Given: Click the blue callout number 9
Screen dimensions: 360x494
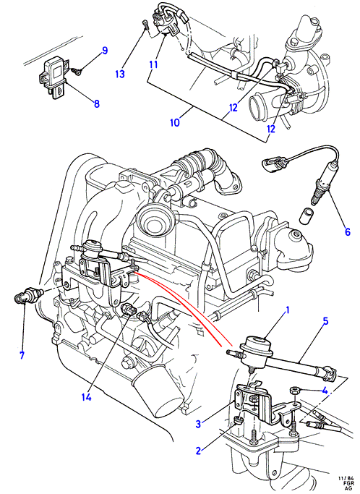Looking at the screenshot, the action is pyautogui.click(x=104, y=51).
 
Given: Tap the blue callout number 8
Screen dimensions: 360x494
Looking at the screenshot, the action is pyautogui.click(x=96, y=103).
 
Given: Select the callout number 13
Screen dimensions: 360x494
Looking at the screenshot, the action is pyautogui.click(x=120, y=74).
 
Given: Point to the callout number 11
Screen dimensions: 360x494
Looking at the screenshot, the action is pyautogui.click(x=153, y=65).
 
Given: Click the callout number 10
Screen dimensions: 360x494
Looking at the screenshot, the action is pyautogui.click(x=175, y=122).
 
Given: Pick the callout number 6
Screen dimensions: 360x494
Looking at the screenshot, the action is pyautogui.click(x=348, y=232).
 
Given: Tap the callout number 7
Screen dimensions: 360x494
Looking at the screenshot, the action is pyautogui.click(x=22, y=355).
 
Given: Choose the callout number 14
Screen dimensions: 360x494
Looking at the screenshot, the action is pyautogui.click(x=86, y=397).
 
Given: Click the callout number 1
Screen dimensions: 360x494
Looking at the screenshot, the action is pyautogui.click(x=287, y=311).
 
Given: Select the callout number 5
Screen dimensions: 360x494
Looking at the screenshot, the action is pyautogui.click(x=325, y=321).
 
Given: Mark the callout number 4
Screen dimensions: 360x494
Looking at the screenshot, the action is pyautogui.click(x=325, y=391).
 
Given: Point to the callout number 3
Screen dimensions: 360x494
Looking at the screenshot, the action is pyautogui.click(x=198, y=424).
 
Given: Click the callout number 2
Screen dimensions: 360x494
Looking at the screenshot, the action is pyautogui.click(x=198, y=451).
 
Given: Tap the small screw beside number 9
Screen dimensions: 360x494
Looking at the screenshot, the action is pyautogui.click(x=76, y=72).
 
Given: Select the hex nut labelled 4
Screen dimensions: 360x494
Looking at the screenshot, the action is pyautogui.click(x=294, y=391).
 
